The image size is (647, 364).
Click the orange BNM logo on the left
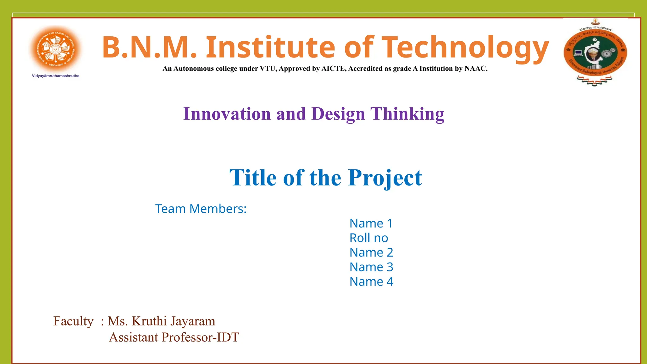click(x=56, y=49)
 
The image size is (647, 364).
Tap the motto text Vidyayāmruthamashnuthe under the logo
click(x=56, y=76)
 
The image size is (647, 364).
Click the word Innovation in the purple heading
click(x=227, y=114)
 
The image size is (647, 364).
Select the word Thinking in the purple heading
click(x=408, y=114)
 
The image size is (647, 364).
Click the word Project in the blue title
click(x=385, y=178)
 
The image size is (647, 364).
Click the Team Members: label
click(x=201, y=209)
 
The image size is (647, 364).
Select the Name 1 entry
click(x=371, y=223)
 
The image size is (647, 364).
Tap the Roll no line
click(x=369, y=238)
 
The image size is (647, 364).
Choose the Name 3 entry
click(x=371, y=267)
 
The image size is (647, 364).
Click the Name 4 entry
click(x=371, y=282)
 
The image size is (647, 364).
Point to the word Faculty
click(x=73, y=321)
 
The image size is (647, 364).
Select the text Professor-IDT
click(x=200, y=337)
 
